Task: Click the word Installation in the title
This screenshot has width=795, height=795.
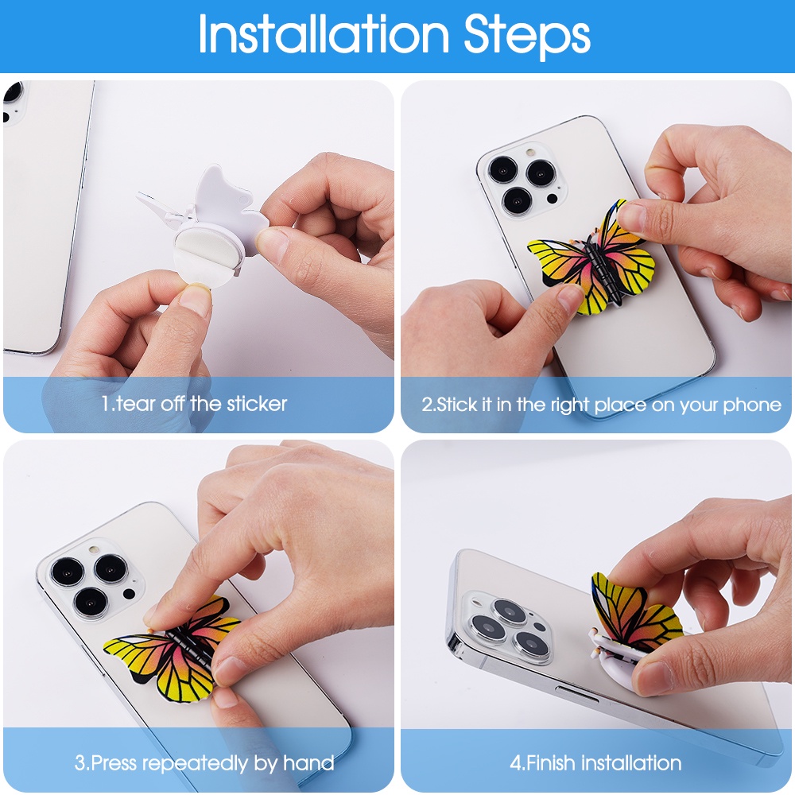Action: click(x=324, y=34)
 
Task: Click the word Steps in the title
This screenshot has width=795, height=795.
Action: click(x=527, y=37)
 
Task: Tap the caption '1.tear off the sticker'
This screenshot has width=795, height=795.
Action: click(x=194, y=404)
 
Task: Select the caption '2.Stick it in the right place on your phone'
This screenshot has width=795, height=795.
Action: click(x=601, y=405)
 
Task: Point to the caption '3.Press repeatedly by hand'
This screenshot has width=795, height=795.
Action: click(x=204, y=762)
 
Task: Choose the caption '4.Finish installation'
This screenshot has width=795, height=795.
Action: click(x=595, y=762)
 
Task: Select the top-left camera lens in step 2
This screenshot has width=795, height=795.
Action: click(x=503, y=169)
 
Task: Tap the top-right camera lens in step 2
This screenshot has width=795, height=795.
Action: click(x=541, y=173)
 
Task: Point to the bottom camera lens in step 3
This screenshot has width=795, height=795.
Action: click(x=91, y=603)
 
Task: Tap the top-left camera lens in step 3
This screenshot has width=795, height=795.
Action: click(x=67, y=572)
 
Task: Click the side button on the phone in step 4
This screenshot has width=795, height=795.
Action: click(x=576, y=694)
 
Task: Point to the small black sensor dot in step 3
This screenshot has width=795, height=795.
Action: click(x=130, y=593)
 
